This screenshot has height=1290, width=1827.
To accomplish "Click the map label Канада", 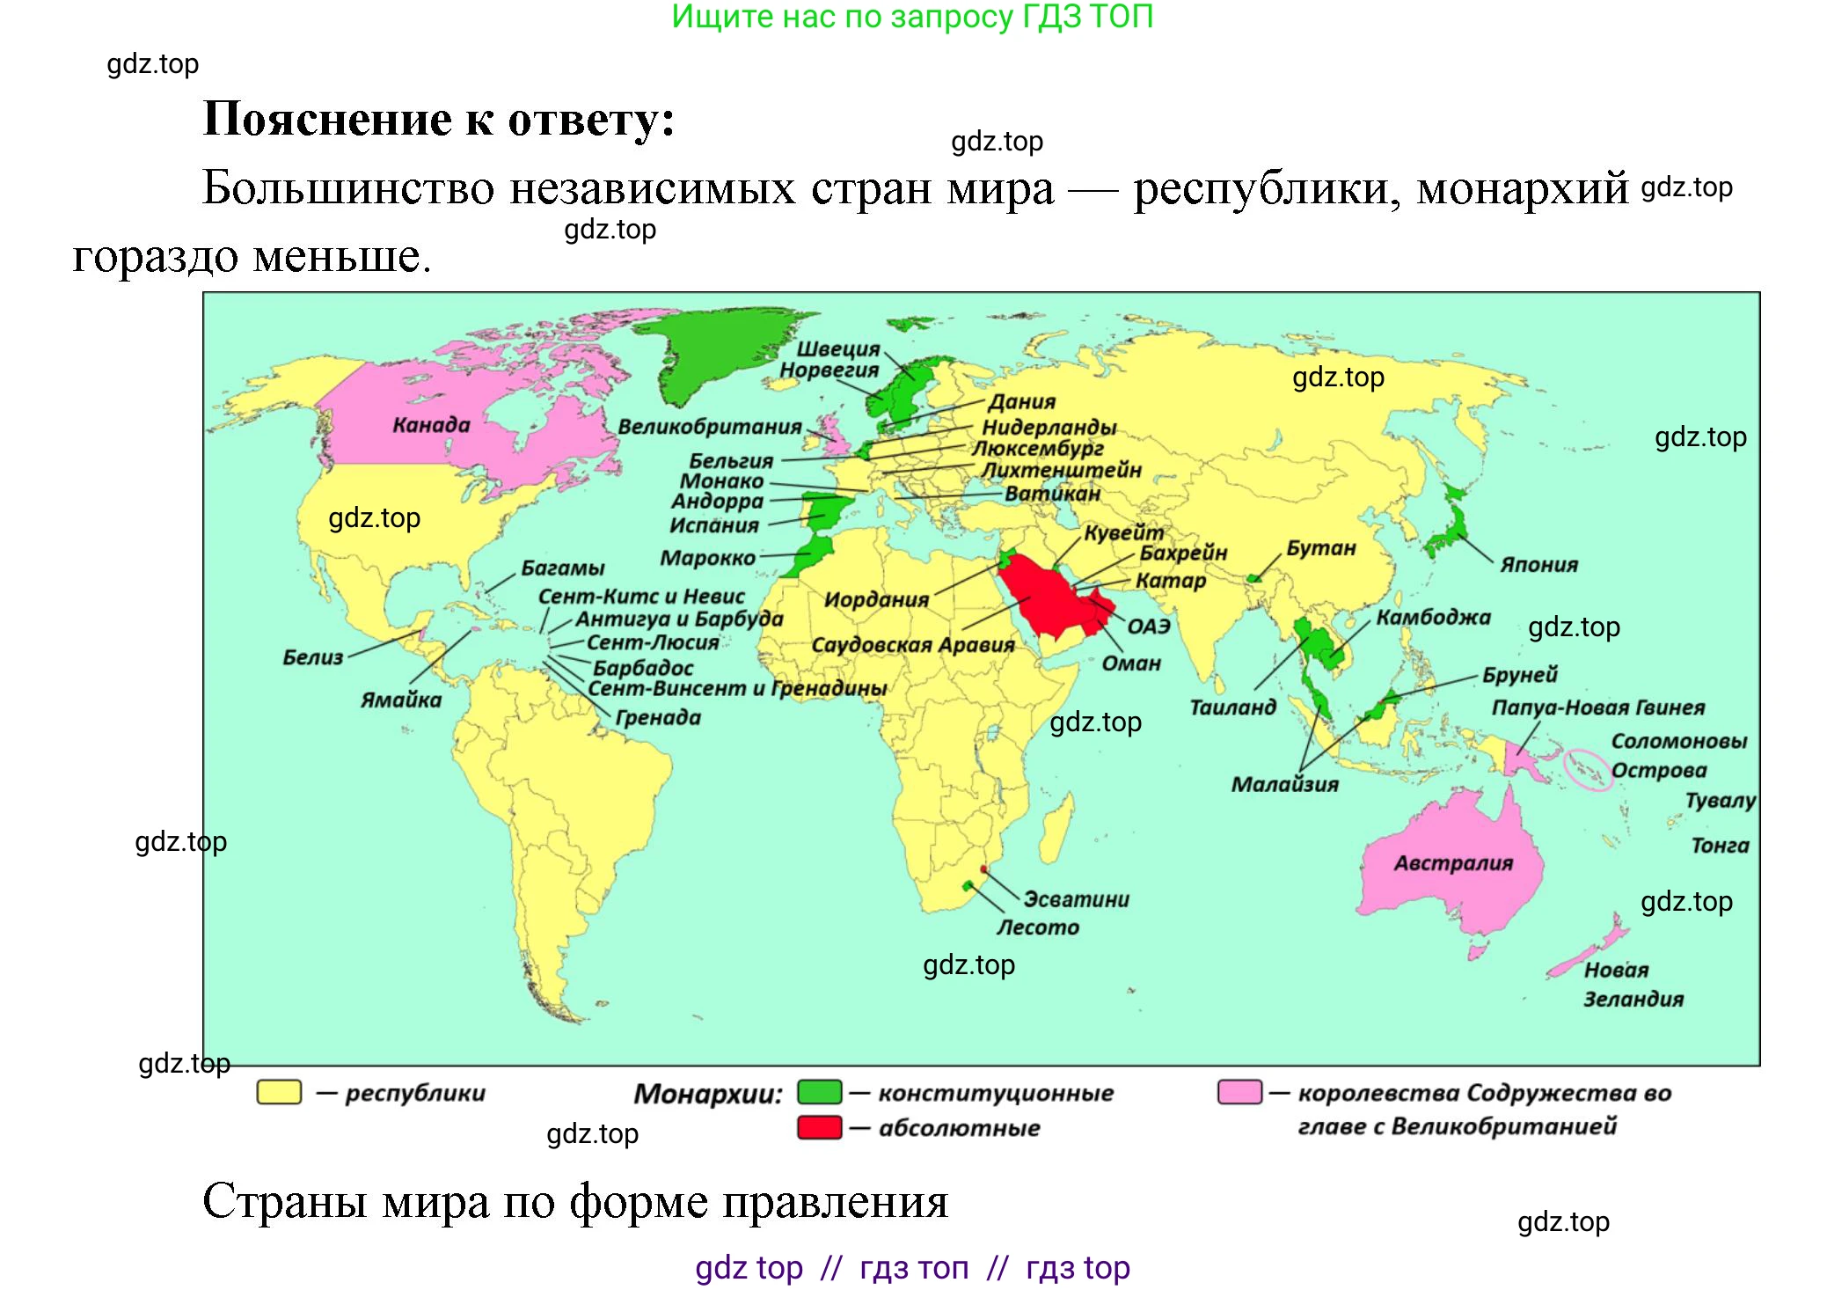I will point(431,425).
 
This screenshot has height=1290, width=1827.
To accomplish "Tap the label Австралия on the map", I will point(1453,863).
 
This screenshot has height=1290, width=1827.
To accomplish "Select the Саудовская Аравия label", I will point(912,645).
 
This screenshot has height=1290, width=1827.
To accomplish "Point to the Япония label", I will point(1538,565).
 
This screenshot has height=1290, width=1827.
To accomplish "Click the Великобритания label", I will point(709,427).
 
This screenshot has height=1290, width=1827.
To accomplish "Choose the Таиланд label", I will point(1232,707).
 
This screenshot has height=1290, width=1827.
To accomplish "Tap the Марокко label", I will point(707,558).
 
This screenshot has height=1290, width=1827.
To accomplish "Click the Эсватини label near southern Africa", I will point(1076,899).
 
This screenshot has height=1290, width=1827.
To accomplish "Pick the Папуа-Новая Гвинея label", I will point(1597,707).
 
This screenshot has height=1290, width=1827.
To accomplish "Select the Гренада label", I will point(658,718).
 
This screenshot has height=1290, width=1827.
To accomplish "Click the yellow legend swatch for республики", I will point(279,1092).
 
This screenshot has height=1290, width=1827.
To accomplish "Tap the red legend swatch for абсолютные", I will point(819,1127).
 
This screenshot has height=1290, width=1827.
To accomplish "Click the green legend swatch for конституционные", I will point(819,1092).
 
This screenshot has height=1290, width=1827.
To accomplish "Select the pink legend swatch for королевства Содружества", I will point(1239,1092).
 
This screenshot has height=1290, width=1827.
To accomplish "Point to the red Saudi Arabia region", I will point(1047,598).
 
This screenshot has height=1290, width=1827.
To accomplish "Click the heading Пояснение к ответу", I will point(439,119).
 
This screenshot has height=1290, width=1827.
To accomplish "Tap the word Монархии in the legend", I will point(707,1094).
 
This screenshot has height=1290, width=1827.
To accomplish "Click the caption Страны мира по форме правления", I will point(575,1201).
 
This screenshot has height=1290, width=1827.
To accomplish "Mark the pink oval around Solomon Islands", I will point(1588,770).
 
